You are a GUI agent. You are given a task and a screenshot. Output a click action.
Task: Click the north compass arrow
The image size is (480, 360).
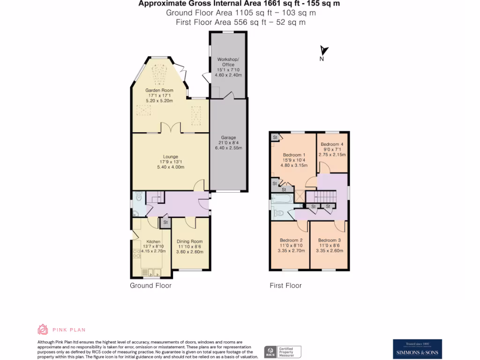point(323,51)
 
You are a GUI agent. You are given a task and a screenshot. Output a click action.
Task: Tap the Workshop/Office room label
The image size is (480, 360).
point(228,62)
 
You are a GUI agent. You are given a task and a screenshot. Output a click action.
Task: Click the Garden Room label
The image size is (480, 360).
point(159,90)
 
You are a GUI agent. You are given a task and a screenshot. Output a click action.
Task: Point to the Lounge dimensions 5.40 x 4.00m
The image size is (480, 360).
point(170,167)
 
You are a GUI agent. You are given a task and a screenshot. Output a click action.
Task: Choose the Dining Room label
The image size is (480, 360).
point(190,241)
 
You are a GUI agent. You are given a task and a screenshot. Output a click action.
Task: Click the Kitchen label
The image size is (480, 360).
point(153,241)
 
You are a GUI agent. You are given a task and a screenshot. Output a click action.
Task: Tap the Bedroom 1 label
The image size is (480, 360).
point(294,155)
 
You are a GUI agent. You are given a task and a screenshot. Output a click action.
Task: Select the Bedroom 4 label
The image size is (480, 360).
point(332,144)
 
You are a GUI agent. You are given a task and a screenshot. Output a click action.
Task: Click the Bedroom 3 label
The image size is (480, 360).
point(330,240)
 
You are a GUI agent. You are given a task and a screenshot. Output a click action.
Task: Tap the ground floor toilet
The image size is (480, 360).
point(137,197)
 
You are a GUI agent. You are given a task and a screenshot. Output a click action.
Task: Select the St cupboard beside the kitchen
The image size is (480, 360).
point(165,223)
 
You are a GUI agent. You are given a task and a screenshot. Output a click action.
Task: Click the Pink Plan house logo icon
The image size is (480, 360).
point(43,330)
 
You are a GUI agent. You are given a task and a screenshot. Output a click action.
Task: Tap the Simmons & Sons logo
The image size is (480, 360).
point(417,349)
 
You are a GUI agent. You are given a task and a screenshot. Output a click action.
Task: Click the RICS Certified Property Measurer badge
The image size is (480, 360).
point(282,352)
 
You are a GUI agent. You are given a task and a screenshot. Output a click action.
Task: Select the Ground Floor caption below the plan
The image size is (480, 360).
point(150,285)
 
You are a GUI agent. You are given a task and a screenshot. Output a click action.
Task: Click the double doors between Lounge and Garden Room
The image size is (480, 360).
point(170,128)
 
